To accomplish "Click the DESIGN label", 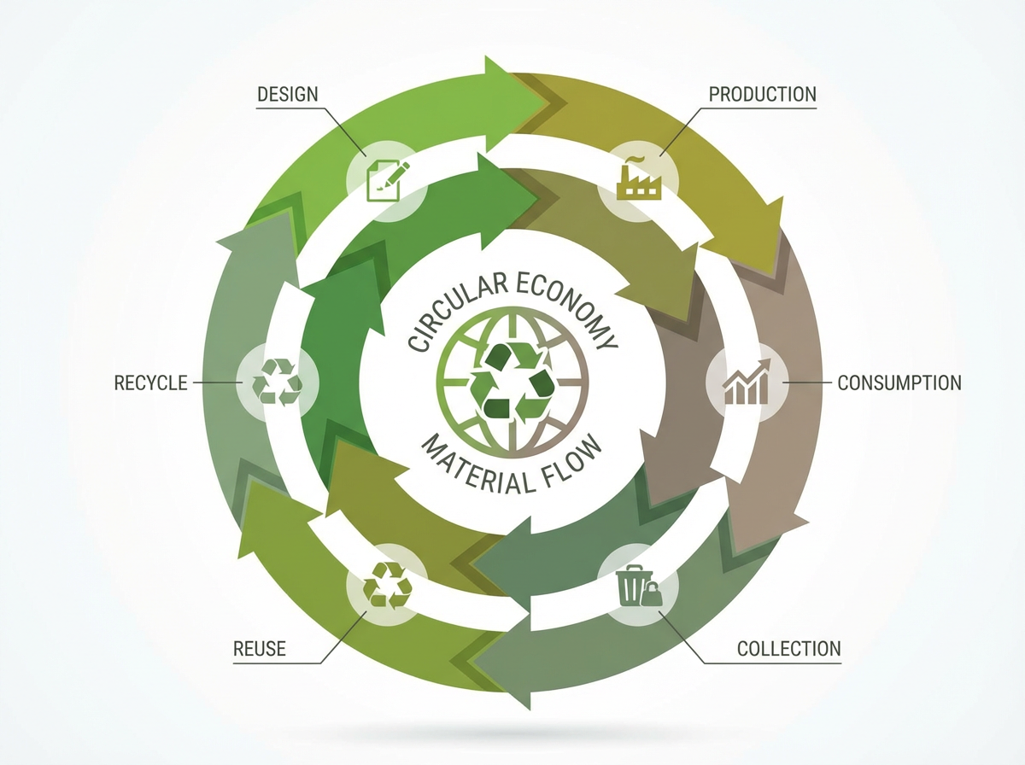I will (x=288, y=93).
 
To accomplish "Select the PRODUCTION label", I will (x=763, y=93).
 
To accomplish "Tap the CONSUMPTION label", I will (x=899, y=382).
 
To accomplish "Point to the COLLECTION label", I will (x=789, y=649).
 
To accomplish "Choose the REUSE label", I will (x=260, y=650).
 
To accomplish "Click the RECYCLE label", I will (x=150, y=382).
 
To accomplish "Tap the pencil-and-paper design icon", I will (x=387, y=179).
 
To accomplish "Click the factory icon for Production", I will (x=639, y=179).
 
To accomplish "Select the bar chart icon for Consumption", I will (x=747, y=384).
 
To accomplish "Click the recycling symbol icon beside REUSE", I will (x=387, y=587).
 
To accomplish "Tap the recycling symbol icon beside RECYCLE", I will (x=277, y=381).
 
